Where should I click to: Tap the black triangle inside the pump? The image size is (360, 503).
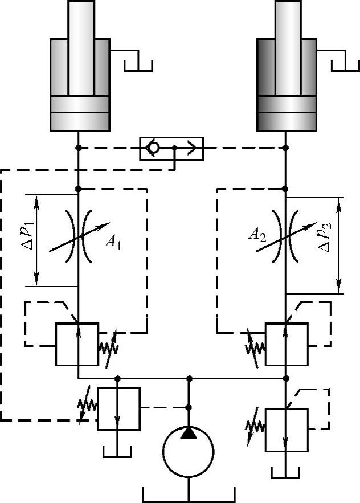(x=189, y=434)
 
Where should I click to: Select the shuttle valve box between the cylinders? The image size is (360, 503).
(x=171, y=148)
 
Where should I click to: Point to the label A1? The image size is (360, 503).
(x=113, y=242)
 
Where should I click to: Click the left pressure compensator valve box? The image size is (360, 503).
(x=77, y=344)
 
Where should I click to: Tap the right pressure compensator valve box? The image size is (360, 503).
(x=287, y=344)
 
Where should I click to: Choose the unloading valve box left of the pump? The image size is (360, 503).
(x=118, y=408)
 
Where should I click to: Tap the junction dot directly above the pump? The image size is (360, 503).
(x=189, y=378)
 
